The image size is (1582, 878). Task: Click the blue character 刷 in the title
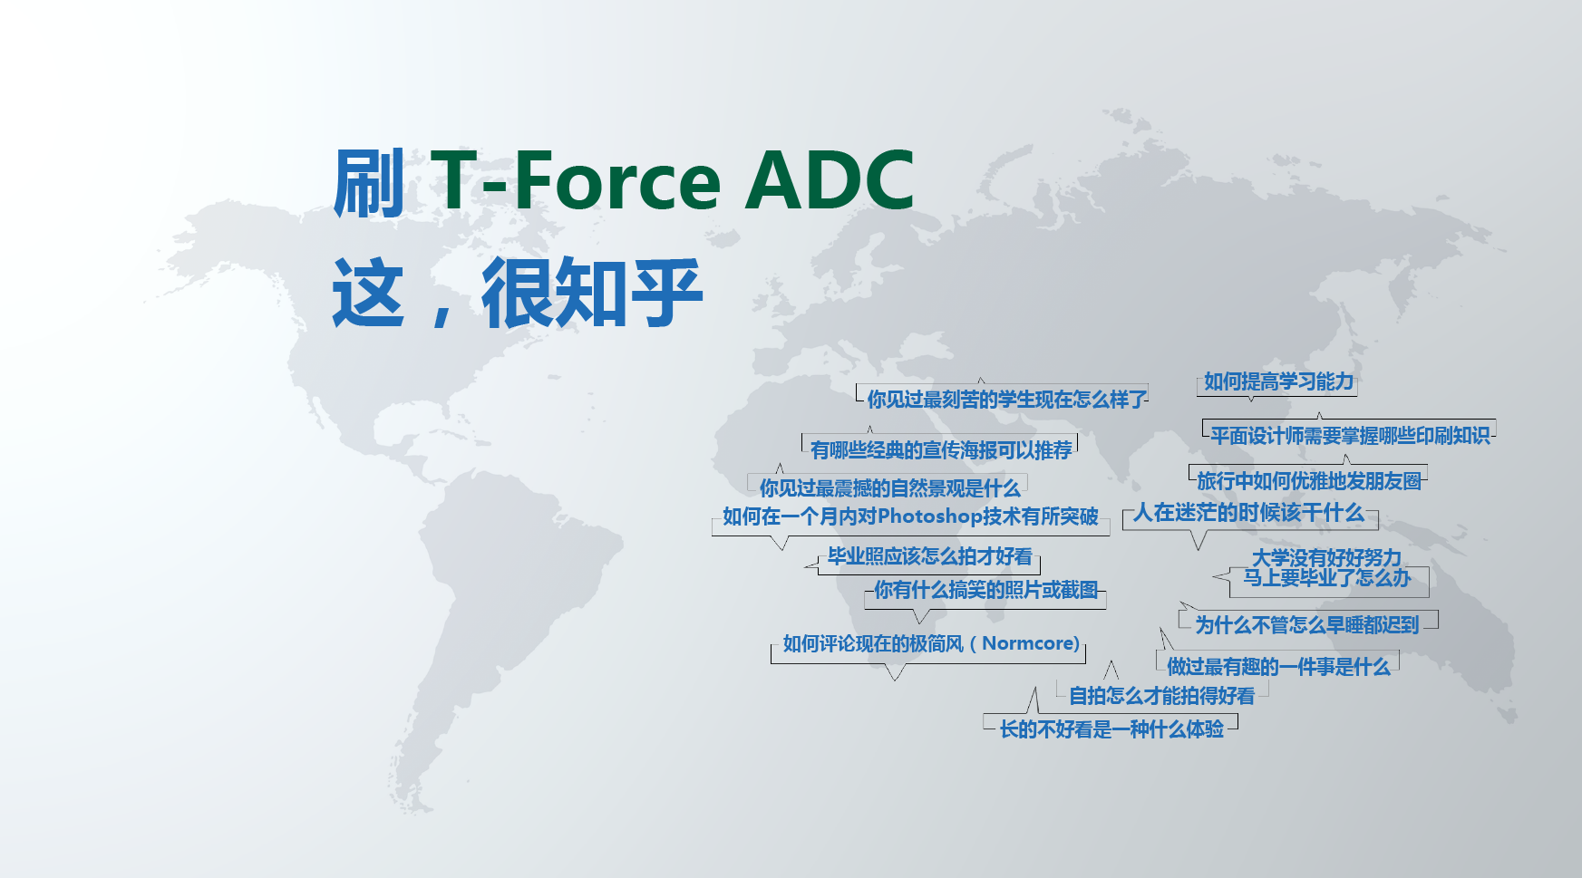coord(369,182)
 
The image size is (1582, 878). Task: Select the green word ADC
coord(830,179)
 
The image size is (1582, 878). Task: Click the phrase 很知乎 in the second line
coord(592,292)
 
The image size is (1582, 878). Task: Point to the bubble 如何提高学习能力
coord(1278,381)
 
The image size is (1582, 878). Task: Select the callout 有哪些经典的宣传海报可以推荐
coord(940,449)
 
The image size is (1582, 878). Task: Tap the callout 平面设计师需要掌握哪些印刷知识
coord(1349,435)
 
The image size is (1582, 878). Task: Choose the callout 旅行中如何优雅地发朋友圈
coord(1308,480)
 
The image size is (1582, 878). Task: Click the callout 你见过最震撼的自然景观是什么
coord(888,487)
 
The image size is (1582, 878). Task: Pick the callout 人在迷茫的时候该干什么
coord(1248,513)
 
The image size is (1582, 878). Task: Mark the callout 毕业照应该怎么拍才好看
coord(929,556)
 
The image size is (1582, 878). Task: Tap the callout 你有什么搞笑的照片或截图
coord(985,590)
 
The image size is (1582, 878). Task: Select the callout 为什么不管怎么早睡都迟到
coord(1306,624)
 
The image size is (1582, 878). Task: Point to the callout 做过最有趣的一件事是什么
coord(1277,666)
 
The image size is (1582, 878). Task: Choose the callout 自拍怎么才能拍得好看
coord(1161,695)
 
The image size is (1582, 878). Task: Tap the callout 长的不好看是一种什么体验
coord(1111,728)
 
